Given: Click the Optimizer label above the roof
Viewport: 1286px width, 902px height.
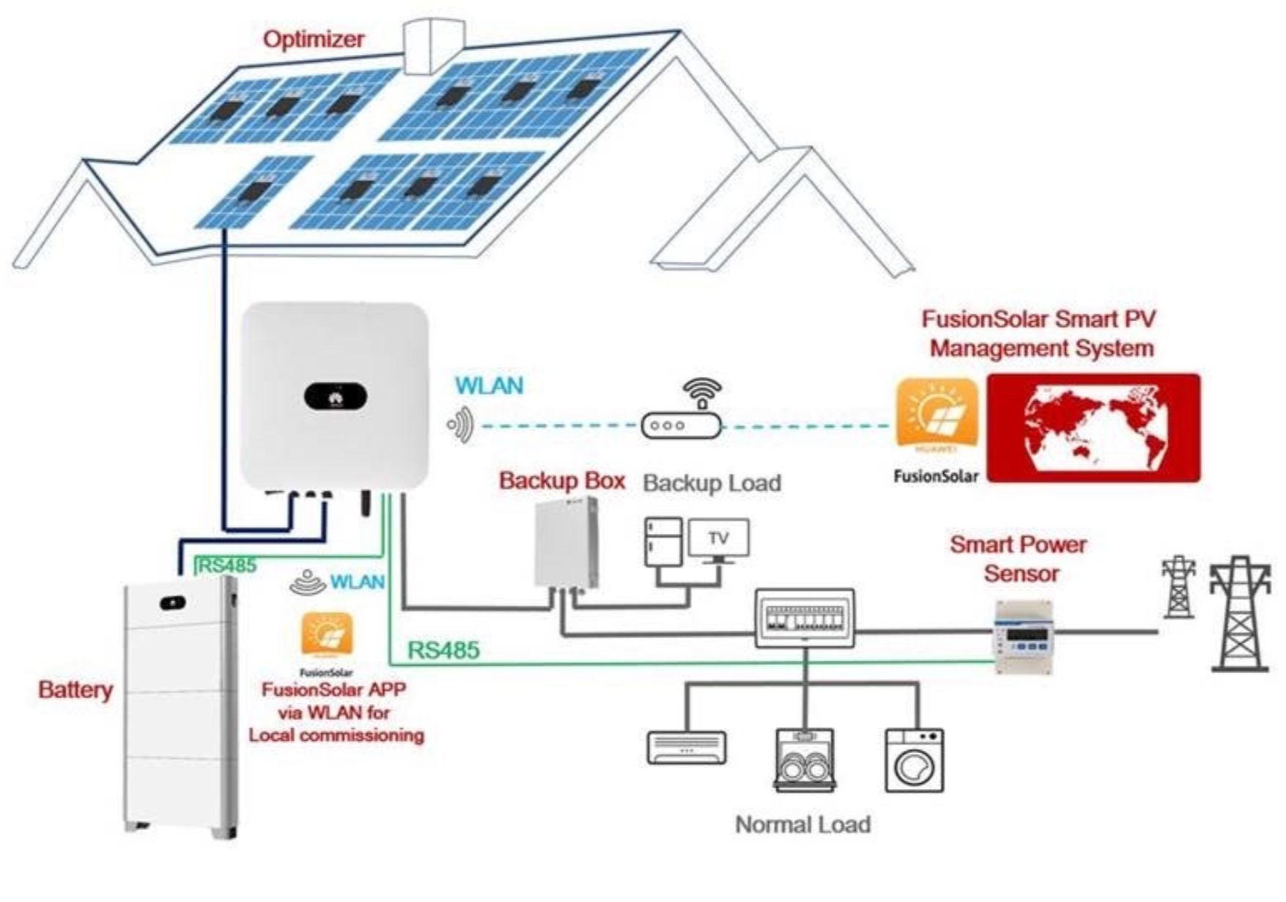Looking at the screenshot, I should pyautogui.click(x=313, y=38).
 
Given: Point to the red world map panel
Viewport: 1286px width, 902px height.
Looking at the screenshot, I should pyautogui.click(x=1093, y=427).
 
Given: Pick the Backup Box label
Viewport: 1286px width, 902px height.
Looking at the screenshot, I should pyautogui.click(x=561, y=481).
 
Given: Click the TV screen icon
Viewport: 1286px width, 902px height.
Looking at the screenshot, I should pyautogui.click(x=719, y=539).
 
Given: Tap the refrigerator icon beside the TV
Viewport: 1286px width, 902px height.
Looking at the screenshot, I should pyautogui.click(x=663, y=542).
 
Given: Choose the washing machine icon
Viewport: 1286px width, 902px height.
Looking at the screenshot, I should pyautogui.click(x=914, y=760).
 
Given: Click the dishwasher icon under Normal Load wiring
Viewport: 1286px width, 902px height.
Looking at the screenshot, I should pyautogui.click(x=804, y=760).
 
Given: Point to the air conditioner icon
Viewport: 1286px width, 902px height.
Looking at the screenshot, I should pyautogui.click(x=687, y=748).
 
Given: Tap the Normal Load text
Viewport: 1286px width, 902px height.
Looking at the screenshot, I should pyautogui.click(x=802, y=824).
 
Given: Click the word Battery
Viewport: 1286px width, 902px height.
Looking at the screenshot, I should pyautogui.click(x=75, y=690).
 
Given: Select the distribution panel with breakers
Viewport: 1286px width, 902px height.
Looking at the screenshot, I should pyautogui.click(x=805, y=618).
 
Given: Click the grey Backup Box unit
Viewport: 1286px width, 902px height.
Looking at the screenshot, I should pyautogui.click(x=566, y=543).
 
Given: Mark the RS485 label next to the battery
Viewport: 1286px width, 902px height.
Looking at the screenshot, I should pyautogui.click(x=228, y=565).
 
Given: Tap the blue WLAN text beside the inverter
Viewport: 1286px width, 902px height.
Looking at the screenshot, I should pyautogui.click(x=489, y=386).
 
